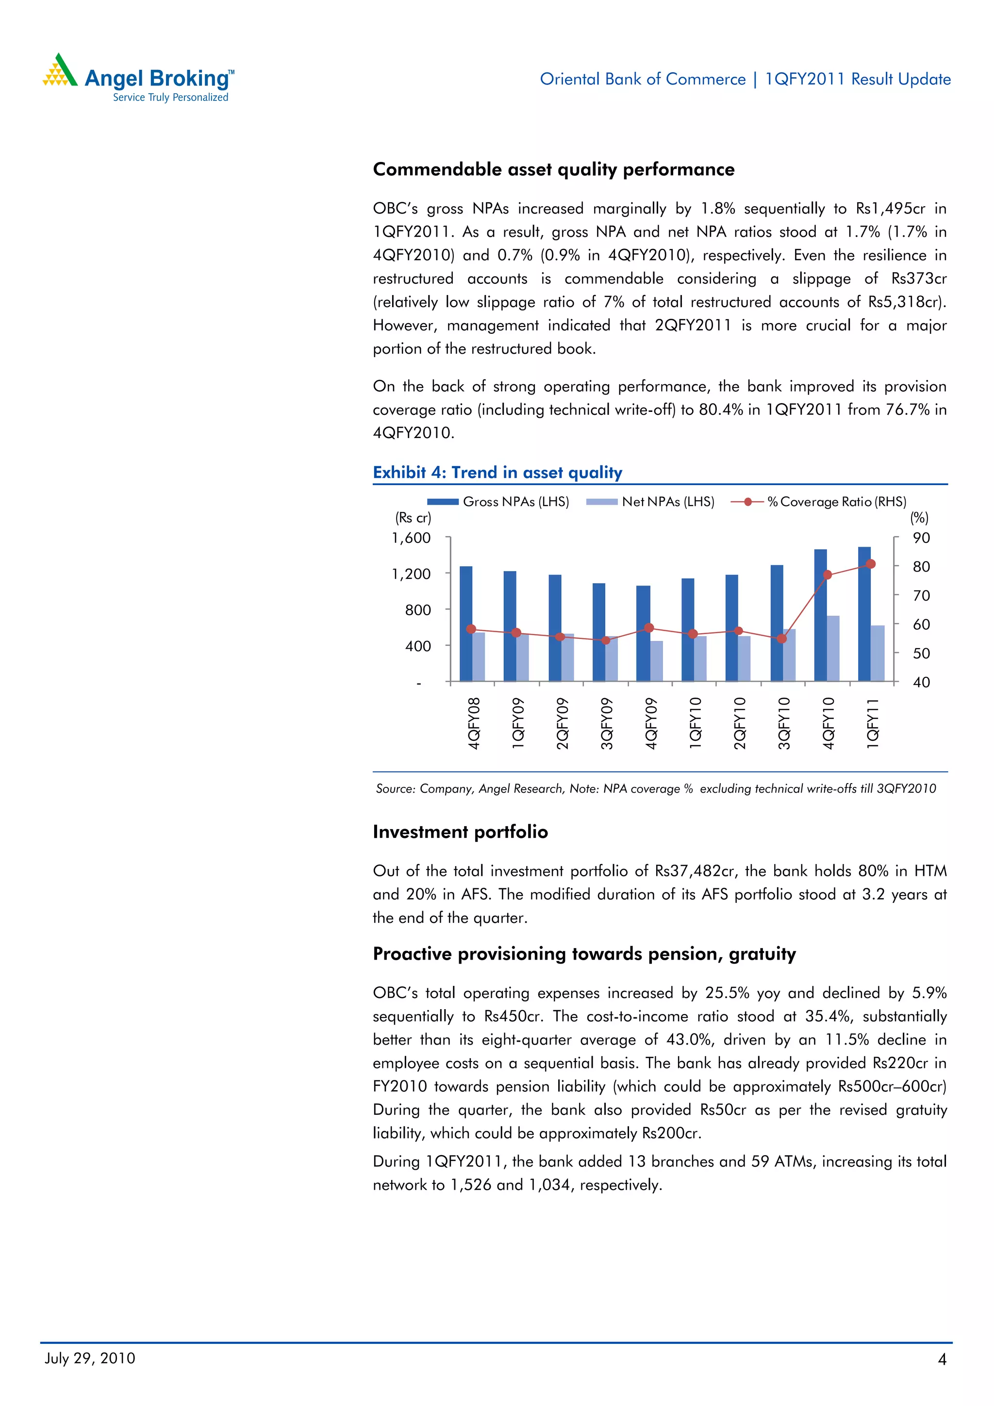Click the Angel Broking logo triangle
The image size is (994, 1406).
59,72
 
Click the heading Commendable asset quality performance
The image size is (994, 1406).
553,170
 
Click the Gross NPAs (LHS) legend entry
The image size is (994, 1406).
498,502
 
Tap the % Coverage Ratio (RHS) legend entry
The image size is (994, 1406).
819,502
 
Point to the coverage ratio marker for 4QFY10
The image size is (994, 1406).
828,575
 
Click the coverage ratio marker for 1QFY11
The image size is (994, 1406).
871,564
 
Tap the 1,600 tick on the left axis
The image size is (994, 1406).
412,538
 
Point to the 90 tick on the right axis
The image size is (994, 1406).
921,538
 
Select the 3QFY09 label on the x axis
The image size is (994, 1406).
606,723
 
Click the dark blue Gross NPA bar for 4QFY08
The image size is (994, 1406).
465,623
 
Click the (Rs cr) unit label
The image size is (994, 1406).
413,518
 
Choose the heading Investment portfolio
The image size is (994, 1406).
460,832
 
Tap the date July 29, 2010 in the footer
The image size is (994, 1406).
90,1358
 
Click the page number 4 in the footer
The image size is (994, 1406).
942,1359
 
